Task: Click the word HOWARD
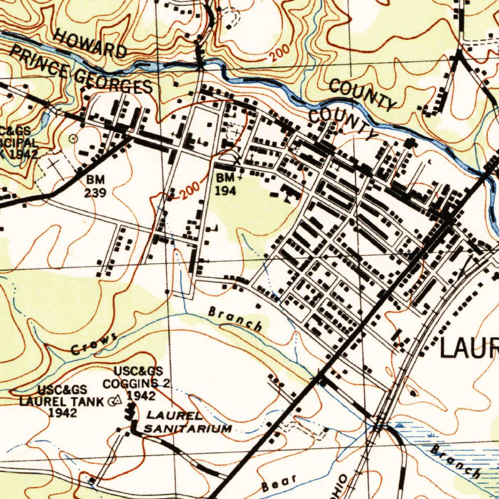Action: coord(90,43)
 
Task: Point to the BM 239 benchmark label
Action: coord(95,186)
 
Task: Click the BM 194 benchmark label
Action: coord(226,183)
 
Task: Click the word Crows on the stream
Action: coord(94,344)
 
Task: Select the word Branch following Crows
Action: coord(235,319)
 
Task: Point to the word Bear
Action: coord(279,483)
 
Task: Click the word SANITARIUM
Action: coord(188,429)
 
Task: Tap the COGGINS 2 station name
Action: coord(136,383)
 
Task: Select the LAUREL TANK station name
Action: coord(61,402)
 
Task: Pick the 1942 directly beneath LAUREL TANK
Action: coord(63,413)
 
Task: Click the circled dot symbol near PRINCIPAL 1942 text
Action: coord(74,138)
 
